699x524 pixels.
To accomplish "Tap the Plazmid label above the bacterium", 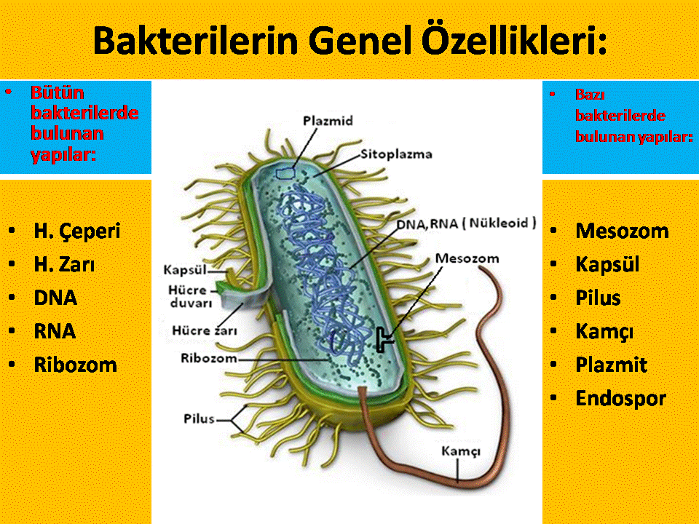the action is coord(328,121).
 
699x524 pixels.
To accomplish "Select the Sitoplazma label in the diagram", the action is coord(396,154).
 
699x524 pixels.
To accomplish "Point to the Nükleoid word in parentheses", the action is coord(498,223).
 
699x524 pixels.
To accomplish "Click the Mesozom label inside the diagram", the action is coord(467,258).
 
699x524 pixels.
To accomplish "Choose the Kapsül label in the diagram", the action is coord(185,270).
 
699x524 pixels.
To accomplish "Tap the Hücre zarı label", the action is coord(205,330).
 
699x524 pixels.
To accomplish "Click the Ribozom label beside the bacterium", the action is coord(209,358).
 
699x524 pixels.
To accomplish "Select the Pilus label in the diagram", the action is coord(200,419).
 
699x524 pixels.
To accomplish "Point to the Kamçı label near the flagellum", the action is coord(461,451).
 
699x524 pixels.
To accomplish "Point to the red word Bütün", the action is coord(58,92).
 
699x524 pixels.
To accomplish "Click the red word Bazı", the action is coord(590,95).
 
